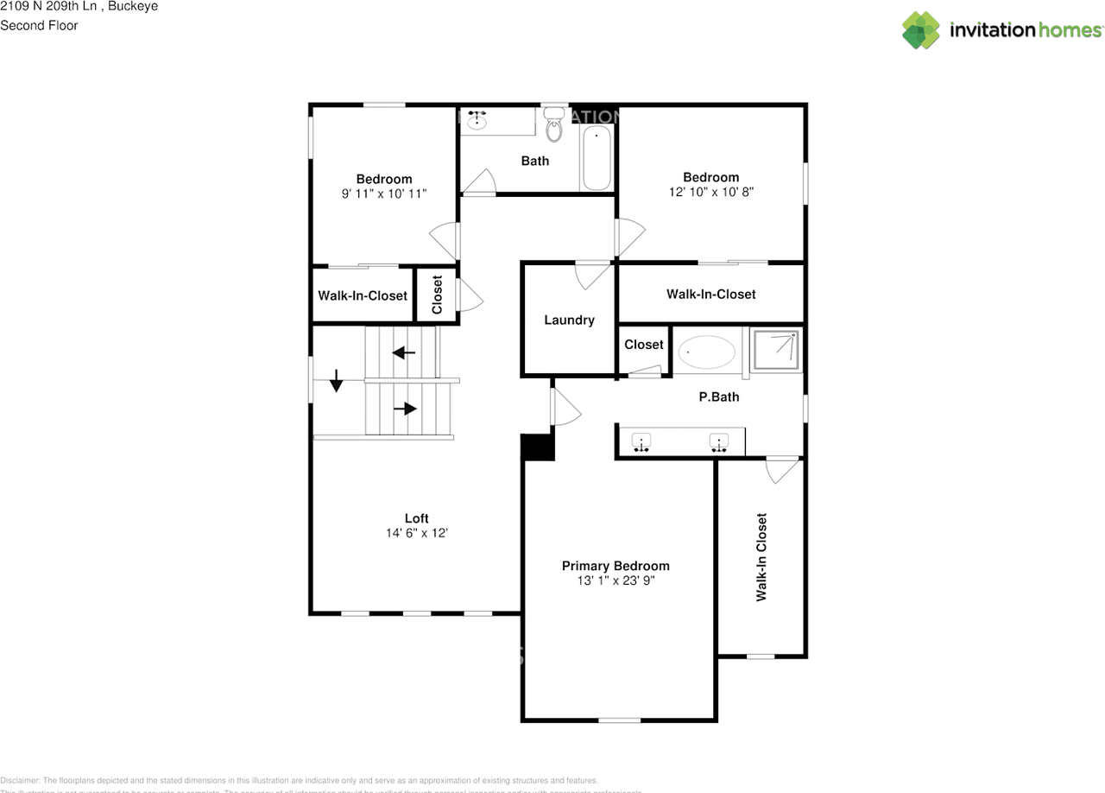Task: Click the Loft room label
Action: (x=416, y=518)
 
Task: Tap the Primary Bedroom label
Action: (x=616, y=566)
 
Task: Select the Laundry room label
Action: (x=569, y=320)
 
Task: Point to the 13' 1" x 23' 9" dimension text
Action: (x=616, y=581)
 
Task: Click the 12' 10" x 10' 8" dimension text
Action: (x=711, y=193)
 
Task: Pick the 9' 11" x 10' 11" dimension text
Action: (x=383, y=194)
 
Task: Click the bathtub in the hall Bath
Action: (x=597, y=157)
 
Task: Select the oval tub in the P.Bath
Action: (x=707, y=352)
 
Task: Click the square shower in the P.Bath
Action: (x=776, y=350)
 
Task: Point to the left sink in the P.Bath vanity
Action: (x=641, y=443)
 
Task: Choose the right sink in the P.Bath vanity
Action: (x=719, y=443)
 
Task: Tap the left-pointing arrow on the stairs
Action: (x=403, y=352)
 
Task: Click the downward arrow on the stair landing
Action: (x=337, y=380)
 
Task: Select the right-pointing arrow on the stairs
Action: (x=406, y=409)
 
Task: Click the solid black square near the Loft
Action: (x=538, y=447)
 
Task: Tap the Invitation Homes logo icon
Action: (x=921, y=30)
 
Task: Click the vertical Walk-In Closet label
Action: (x=761, y=557)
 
